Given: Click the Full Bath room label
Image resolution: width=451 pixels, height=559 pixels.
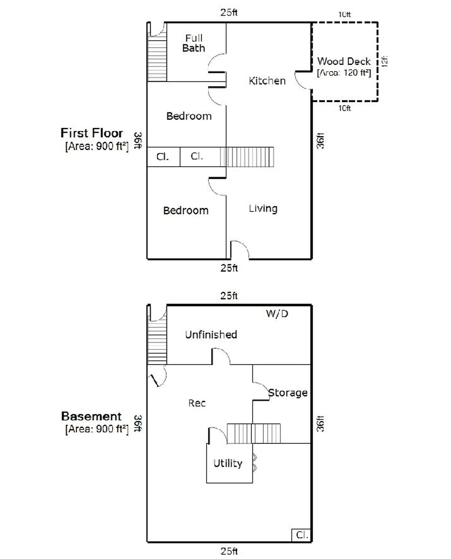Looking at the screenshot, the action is point(194,43).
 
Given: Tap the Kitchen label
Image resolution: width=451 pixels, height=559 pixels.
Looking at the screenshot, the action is point(267,81).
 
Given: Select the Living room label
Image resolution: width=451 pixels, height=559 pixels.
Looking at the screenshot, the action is point(263,208).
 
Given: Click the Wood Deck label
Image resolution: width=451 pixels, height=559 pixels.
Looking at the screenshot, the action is point(344,61).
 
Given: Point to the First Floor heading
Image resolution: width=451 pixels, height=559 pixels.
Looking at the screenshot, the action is point(92,133).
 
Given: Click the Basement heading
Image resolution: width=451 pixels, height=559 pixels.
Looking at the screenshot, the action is point(91,416).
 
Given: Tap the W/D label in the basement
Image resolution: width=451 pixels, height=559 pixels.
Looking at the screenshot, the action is point(277,314).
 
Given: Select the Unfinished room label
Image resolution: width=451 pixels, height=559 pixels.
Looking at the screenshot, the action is point(211,335).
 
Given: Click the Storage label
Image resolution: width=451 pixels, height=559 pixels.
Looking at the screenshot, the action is point(288,393).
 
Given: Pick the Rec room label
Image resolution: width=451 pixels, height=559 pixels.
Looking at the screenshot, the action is point(197,403).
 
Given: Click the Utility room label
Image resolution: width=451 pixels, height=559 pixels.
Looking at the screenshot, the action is point(228,463).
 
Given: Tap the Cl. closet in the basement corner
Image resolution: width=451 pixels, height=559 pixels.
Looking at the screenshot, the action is point(301,535).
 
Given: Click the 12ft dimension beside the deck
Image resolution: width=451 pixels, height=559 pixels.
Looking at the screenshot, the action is point(385,61).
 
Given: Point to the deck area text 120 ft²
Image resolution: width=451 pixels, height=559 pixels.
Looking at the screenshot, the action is point(357,72).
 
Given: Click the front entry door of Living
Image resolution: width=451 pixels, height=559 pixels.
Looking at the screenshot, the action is point(240,250).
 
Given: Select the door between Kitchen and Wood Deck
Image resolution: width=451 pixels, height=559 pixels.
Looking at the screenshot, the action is point(303,80).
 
